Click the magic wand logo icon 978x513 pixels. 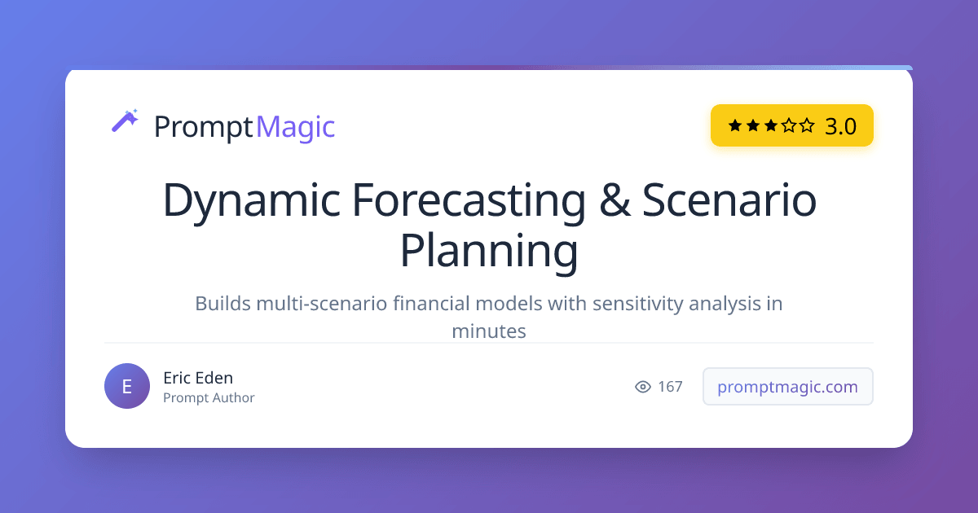125,121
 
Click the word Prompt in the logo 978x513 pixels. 203,127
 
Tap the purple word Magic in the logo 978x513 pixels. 296,127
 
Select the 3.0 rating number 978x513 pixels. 840,126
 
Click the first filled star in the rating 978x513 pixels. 735,125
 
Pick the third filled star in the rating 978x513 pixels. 771,125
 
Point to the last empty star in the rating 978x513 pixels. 807,125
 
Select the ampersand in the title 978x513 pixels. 615,200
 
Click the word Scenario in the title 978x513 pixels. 729,200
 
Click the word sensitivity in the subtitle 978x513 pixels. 637,305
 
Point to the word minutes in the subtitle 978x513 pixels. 489,331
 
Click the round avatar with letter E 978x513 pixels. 127,386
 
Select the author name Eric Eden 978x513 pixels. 198,378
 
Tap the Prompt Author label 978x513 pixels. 209,398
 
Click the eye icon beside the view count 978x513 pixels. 643,387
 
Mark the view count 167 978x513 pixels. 670,387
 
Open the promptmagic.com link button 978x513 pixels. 787,387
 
